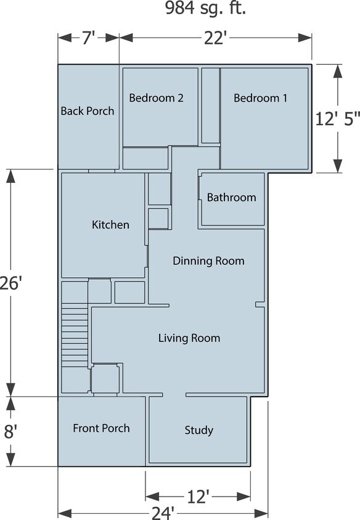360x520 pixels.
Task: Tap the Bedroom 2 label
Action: click(x=156, y=97)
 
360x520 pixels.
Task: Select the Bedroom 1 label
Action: click(x=260, y=97)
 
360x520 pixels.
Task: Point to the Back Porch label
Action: click(x=87, y=111)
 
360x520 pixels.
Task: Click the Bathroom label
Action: click(x=231, y=197)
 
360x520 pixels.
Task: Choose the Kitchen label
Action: click(x=110, y=224)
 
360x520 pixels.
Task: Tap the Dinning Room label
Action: click(x=208, y=261)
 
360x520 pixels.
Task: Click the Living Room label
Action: click(x=189, y=338)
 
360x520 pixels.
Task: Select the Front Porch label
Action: click(x=101, y=428)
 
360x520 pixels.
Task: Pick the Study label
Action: click(x=198, y=430)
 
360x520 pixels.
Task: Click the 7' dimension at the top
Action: click(x=88, y=38)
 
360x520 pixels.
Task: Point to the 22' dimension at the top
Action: click(x=215, y=38)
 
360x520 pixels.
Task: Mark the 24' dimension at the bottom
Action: click(x=163, y=513)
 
